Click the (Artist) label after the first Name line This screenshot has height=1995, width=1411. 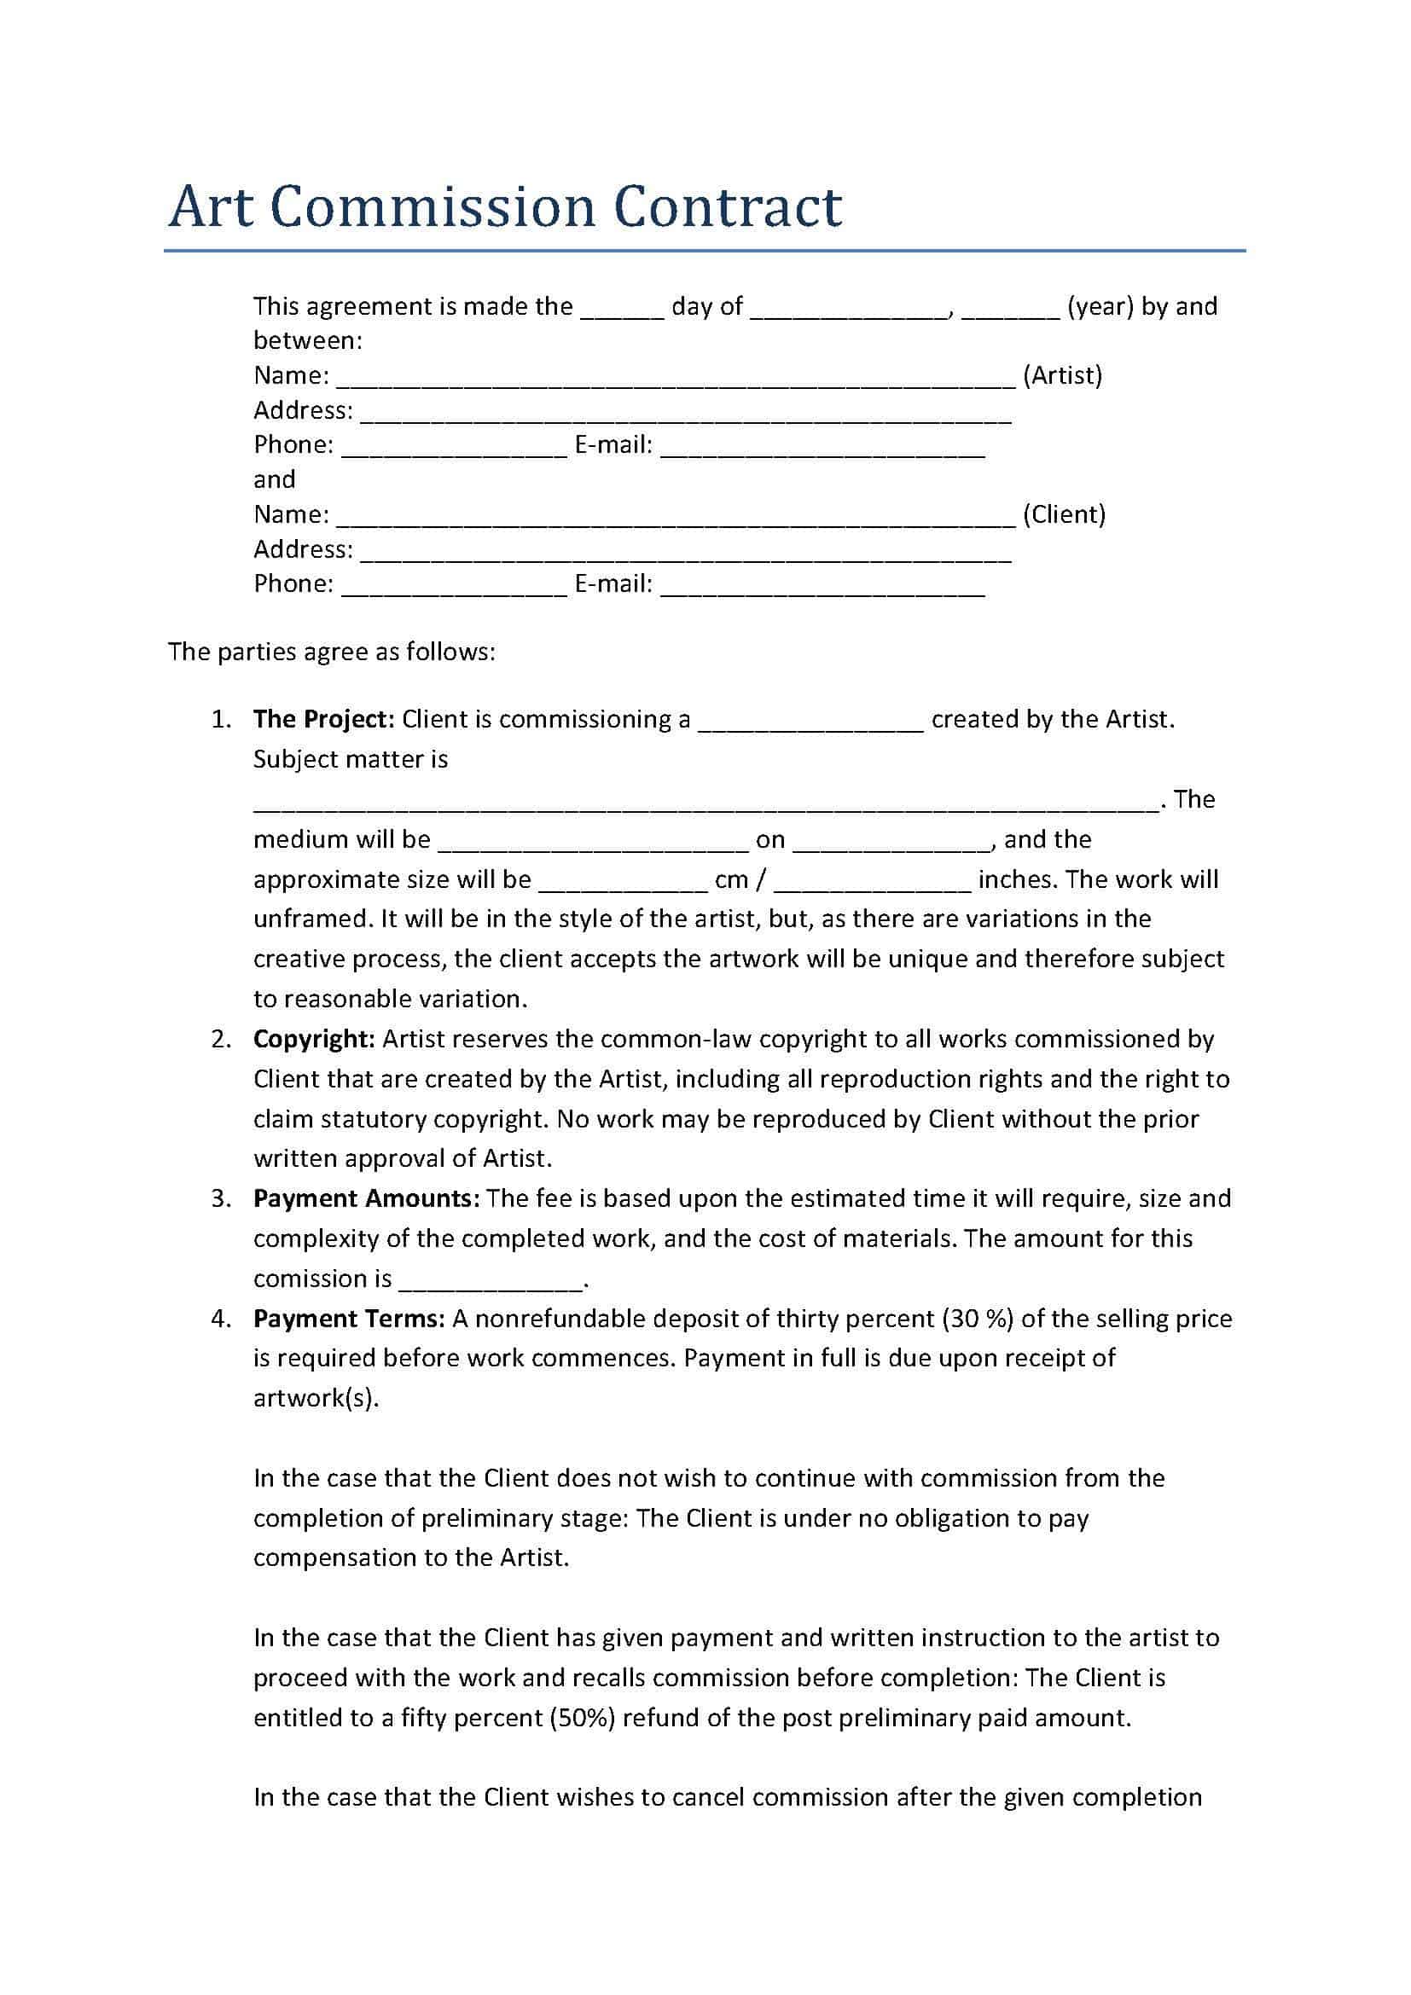[x=1062, y=375]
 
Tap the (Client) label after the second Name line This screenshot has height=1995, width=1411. [x=1064, y=514]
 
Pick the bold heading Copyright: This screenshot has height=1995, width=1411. [x=314, y=1039]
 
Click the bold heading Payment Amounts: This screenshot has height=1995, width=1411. [x=366, y=1198]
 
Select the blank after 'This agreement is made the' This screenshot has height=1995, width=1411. [x=622, y=311]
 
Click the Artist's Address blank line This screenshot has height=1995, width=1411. [x=686, y=415]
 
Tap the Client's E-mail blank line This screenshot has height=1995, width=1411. [x=822, y=589]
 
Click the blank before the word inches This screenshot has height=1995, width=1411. [x=872, y=884]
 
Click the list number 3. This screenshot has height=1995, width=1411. [x=221, y=1198]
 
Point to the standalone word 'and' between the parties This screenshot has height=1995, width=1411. [x=275, y=479]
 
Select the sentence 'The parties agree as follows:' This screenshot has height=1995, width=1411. [x=331, y=652]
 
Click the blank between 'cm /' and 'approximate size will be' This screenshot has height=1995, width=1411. [x=623, y=884]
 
